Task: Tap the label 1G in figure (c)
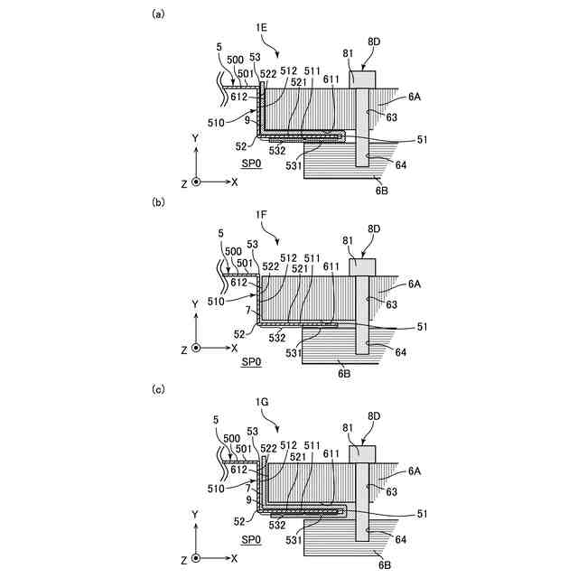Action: tap(263, 400)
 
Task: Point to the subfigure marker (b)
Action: tap(159, 202)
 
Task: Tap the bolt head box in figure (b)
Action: tap(362, 266)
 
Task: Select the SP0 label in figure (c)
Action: tap(251, 539)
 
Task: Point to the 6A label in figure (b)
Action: tap(414, 284)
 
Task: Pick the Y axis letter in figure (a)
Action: tap(195, 137)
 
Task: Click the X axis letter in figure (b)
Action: tap(234, 348)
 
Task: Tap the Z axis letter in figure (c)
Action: tap(183, 559)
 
